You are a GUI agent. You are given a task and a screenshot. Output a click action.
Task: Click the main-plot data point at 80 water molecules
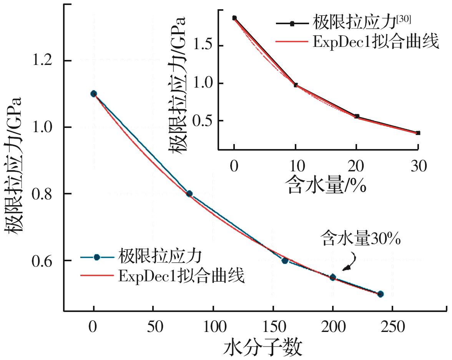[189, 194]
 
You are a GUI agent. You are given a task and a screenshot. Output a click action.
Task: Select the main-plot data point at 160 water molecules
[285, 260]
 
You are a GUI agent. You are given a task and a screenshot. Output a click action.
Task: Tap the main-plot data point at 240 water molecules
[381, 294]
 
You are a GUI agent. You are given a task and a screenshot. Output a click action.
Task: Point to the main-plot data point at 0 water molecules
[93, 94]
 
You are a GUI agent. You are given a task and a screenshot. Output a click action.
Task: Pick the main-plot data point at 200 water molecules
[333, 277]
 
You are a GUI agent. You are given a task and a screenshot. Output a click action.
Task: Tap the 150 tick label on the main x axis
[273, 327]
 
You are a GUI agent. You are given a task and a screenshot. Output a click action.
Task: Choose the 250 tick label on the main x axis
[392, 327]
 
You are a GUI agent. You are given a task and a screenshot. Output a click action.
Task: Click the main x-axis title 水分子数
[263, 348]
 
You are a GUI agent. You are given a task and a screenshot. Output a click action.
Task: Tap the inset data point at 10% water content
[296, 85]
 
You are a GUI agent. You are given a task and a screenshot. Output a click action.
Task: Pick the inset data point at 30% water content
[418, 133]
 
